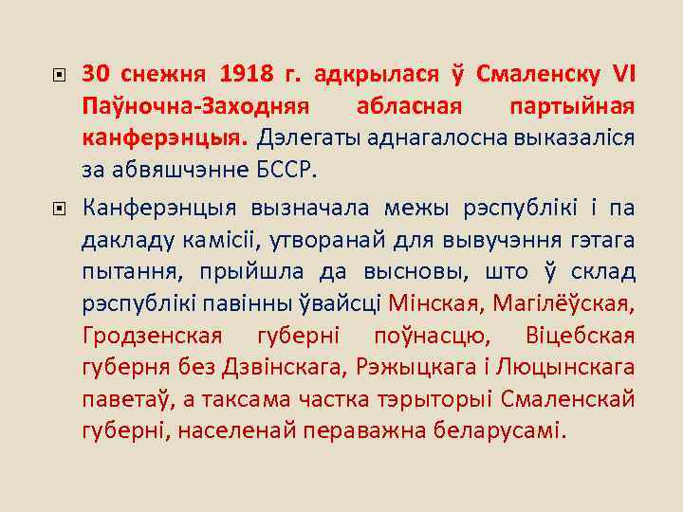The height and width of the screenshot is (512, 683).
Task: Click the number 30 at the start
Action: click(96, 73)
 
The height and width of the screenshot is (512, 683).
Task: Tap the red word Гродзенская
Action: click(152, 336)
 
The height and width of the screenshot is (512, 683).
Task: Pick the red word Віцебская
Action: click(579, 336)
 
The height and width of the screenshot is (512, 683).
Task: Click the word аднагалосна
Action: click(427, 138)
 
